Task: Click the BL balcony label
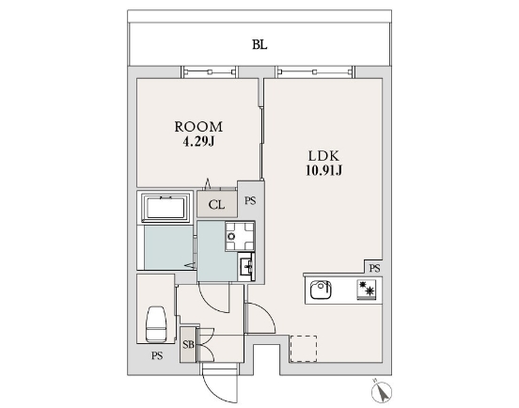pos(259,45)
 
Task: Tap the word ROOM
pos(198,127)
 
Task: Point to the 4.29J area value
pos(198,142)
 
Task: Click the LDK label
pos(323,155)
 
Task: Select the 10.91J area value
pos(323,170)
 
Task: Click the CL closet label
pos(217,205)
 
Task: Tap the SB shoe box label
pos(188,345)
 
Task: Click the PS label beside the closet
pos(250,200)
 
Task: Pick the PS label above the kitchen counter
pos(375,268)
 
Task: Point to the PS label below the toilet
pos(157,356)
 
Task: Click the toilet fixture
pos(156,324)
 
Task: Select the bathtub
pos(165,208)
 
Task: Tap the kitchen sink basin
pos(321,290)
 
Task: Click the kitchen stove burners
pos(367,290)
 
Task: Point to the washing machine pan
pos(240,236)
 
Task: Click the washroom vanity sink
pos(246,266)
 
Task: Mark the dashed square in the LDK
pos(304,349)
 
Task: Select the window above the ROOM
pos(209,71)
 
